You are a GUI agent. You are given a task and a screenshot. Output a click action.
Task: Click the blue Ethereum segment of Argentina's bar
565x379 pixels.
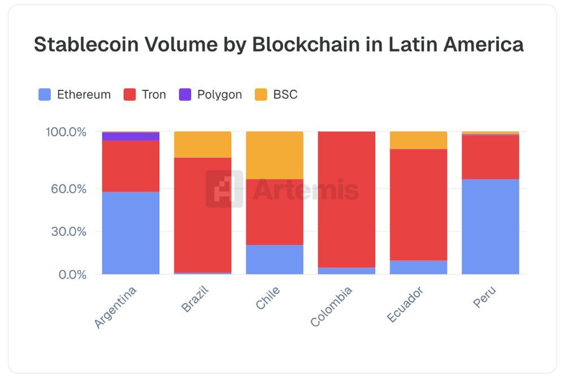pos(131,232)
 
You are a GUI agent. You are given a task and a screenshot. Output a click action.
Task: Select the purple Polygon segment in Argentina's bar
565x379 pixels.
pos(131,136)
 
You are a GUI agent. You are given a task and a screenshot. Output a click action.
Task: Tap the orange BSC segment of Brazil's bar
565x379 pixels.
pos(203,144)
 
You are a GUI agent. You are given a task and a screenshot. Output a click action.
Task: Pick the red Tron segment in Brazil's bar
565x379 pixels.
pos(203,215)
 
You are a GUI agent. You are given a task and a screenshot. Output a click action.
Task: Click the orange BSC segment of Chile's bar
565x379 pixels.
pos(275,155)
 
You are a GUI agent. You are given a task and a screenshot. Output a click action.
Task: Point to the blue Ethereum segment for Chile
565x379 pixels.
pos(275,259)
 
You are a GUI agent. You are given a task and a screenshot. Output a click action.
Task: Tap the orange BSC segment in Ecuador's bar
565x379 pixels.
pos(419,140)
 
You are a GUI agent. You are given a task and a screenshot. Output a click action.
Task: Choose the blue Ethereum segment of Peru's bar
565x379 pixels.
pos(490,226)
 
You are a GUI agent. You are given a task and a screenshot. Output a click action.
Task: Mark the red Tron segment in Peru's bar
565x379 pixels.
pos(490,157)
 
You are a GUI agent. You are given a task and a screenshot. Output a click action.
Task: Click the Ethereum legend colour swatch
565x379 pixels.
pos(45,94)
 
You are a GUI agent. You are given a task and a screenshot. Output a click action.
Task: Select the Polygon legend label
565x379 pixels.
pos(219,94)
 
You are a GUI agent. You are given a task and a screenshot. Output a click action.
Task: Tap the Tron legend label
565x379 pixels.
pos(154,94)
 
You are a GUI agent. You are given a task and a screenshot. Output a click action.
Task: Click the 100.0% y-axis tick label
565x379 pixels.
pos(66,132)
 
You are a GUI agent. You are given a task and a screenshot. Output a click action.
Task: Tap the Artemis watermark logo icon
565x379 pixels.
pos(224,189)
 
